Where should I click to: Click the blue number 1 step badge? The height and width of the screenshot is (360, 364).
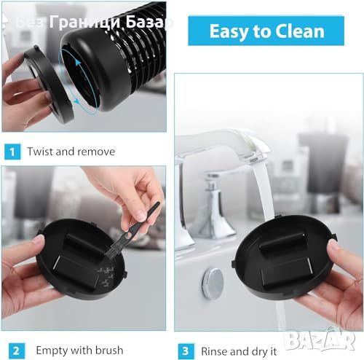[12, 152]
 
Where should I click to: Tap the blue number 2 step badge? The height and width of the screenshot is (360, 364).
[16, 351]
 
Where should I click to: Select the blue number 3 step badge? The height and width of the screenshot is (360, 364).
[186, 351]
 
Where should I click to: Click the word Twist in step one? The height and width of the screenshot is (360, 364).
[40, 152]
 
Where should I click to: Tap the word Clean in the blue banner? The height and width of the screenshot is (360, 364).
[300, 31]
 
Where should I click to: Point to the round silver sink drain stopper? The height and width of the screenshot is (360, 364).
[213, 283]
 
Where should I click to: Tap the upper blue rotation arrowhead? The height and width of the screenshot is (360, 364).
[78, 63]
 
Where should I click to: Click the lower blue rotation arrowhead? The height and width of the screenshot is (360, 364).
[76, 100]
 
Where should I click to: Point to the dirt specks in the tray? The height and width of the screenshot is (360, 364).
[107, 275]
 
